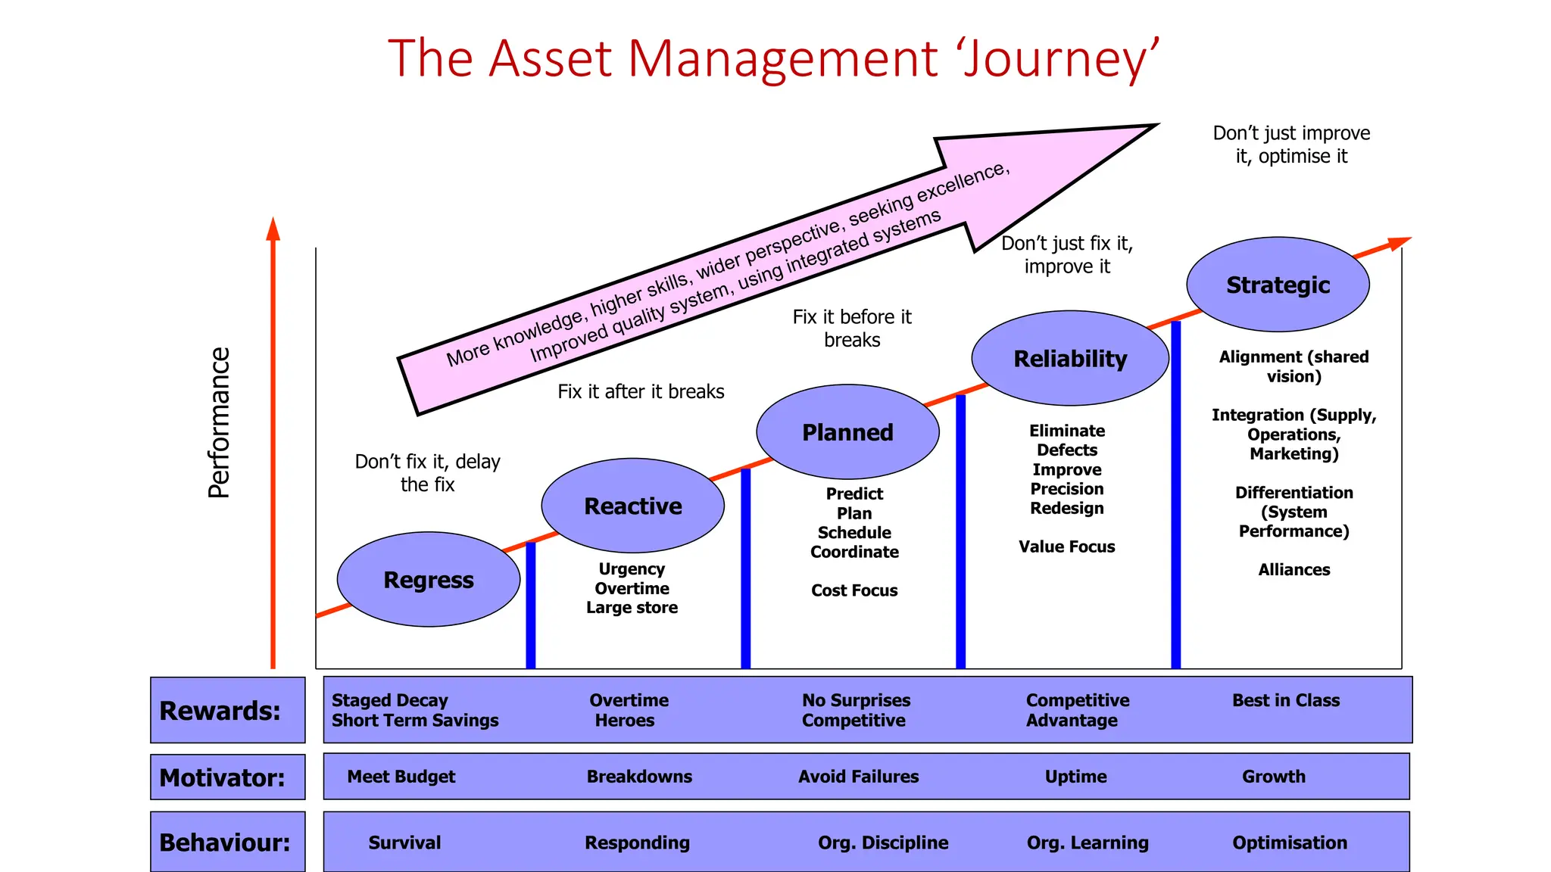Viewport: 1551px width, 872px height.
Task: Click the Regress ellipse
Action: [x=429, y=579]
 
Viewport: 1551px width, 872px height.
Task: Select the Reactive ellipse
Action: [x=633, y=506]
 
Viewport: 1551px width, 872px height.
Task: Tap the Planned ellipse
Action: [x=847, y=432]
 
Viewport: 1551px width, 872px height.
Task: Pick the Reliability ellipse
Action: [x=1070, y=358]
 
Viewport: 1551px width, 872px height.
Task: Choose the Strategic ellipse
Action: [x=1278, y=285]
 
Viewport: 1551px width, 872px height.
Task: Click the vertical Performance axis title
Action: [x=219, y=422]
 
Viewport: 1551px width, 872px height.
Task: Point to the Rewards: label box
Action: [x=227, y=710]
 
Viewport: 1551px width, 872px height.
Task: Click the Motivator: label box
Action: [x=227, y=777]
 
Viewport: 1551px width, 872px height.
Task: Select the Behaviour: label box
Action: [x=227, y=842]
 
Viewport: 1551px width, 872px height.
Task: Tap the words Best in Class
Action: [x=1285, y=700]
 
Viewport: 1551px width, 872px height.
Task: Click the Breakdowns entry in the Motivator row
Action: [x=639, y=777]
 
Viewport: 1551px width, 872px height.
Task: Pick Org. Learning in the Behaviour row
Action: [x=1088, y=842]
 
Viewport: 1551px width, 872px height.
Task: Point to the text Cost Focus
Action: [x=854, y=590]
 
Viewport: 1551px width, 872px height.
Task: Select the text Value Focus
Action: [x=1066, y=547]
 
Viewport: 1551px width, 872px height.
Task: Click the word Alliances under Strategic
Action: [x=1294, y=570]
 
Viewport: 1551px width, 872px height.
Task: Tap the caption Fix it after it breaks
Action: [x=641, y=391]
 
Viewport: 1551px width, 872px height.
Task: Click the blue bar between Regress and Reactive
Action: [x=531, y=606]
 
